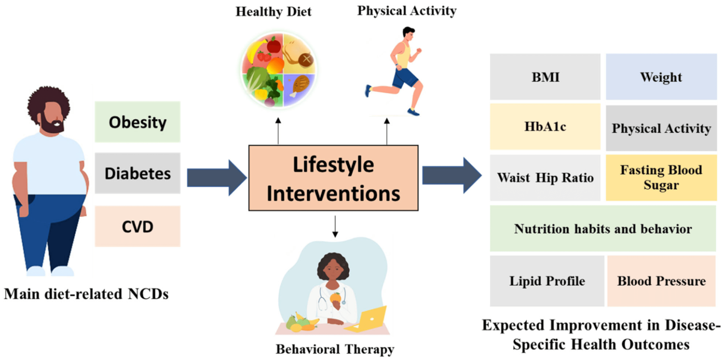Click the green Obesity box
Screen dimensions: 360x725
pyautogui.click(x=138, y=122)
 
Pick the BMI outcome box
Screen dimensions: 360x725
pyautogui.click(x=545, y=77)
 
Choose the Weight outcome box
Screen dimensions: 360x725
pyautogui.click(x=661, y=77)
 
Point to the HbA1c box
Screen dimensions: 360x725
pyautogui.click(x=545, y=127)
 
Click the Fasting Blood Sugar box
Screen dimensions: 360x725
pyautogui.click(x=661, y=177)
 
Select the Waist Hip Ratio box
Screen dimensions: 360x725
pyautogui.click(x=545, y=178)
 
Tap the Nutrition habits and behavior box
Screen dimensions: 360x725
pyautogui.click(x=603, y=229)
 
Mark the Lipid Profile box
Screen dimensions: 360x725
pyautogui.click(x=547, y=281)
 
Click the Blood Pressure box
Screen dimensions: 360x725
pyautogui.click(x=661, y=281)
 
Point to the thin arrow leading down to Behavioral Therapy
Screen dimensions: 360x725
pyautogui.click(x=335, y=226)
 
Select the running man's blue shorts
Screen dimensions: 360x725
pyautogui.click(x=404, y=78)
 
